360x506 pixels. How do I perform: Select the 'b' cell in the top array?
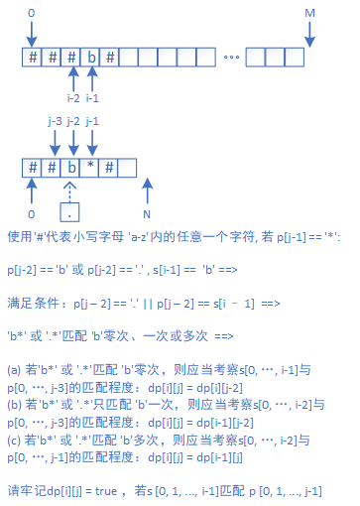[x=91, y=57]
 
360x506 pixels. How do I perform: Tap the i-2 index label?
[x=72, y=98]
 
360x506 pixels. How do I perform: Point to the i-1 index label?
[x=92, y=98]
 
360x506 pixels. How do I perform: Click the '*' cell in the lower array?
[x=90, y=166]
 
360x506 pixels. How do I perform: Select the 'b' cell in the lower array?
[x=71, y=166]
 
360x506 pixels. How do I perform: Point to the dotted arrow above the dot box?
[x=70, y=189]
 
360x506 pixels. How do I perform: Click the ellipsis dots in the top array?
[x=231, y=58]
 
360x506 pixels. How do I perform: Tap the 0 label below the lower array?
[x=32, y=213]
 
